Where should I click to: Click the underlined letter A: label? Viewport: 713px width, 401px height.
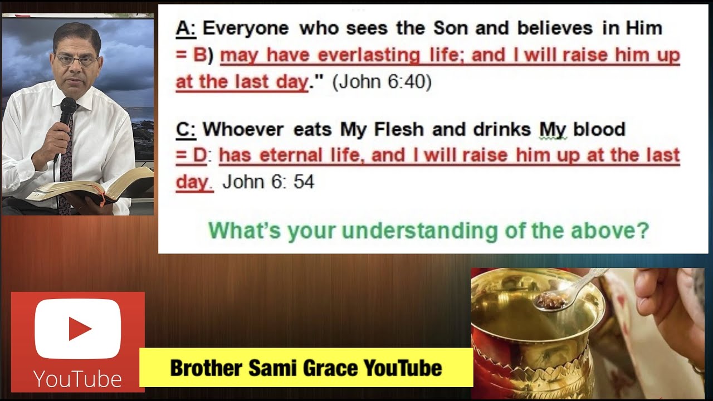coord(186,28)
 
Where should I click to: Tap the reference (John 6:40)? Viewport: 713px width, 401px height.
coord(382,82)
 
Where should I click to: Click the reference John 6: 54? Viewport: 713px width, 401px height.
coord(268,182)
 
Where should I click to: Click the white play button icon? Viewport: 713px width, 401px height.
coord(78,329)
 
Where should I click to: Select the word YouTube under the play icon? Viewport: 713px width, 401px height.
coord(77,379)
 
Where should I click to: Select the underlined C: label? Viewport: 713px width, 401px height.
coord(186,129)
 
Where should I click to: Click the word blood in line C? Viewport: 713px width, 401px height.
coord(599,129)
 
